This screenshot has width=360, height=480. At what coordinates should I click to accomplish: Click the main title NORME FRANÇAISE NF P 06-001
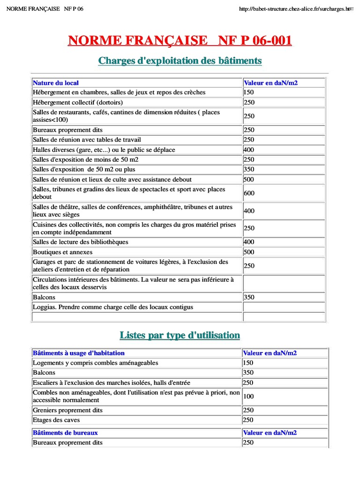(180, 41)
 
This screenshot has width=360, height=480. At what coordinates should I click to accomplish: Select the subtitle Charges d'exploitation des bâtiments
(180, 61)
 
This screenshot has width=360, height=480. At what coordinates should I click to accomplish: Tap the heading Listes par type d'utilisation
(180, 335)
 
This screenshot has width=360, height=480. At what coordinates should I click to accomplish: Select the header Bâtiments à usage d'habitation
(79, 353)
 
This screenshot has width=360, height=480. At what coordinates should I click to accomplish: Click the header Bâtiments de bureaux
(65, 433)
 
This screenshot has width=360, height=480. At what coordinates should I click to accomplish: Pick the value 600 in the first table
(249, 193)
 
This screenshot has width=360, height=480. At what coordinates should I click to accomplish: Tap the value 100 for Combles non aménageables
(249, 397)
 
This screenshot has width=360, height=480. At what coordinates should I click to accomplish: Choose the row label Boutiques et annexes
(63, 252)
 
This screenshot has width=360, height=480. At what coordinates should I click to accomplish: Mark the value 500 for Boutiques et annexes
(249, 252)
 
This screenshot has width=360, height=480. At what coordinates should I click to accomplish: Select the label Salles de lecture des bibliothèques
(80, 242)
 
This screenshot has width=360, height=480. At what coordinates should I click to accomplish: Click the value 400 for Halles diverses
(249, 150)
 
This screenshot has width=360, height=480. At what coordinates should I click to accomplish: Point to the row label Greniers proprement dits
(67, 410)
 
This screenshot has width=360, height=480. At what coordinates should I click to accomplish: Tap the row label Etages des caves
(56, 420)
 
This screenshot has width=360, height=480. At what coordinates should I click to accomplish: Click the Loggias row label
(112, 307)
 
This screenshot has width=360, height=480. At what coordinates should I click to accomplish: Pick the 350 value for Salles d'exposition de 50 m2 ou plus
(249, 169)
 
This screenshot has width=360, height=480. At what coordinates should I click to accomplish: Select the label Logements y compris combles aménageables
(96, 363)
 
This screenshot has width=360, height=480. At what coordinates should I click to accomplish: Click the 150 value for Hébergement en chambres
(249, 92)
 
